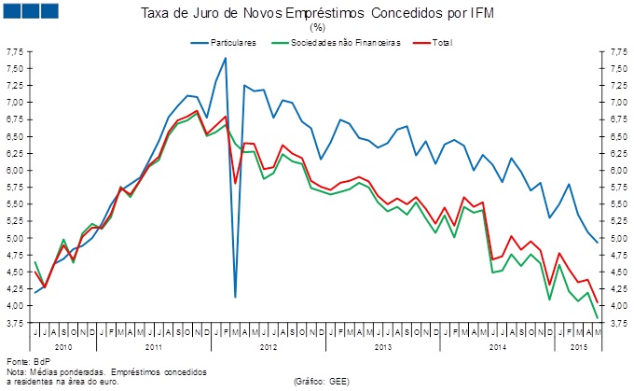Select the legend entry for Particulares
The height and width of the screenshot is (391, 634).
point(229,44)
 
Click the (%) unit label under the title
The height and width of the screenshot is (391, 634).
point(317,27)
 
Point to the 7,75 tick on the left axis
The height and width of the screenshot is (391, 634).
point(16,52)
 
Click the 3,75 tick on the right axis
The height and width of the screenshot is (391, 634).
point(617,323)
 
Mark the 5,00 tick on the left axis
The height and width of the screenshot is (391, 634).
point(16,238)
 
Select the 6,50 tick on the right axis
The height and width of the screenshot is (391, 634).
point(617,136)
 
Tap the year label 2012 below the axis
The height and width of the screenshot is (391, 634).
point(269,346)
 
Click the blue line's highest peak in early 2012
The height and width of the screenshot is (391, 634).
point(225,58)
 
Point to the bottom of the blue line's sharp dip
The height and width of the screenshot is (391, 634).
point(235,297)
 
